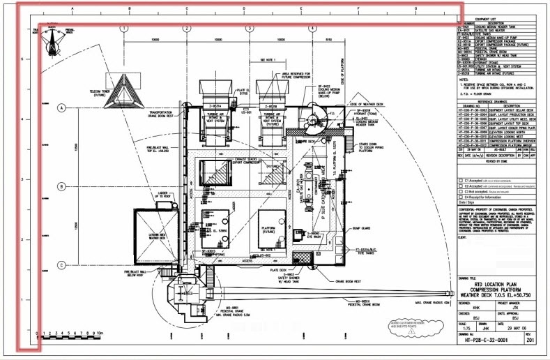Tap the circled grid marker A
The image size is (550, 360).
coord(61,108)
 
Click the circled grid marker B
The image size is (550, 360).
coord(61,186)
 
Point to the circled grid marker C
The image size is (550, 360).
coord(61,264)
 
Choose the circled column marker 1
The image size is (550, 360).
coord(123,29)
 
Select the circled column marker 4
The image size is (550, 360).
coord(312,29)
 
